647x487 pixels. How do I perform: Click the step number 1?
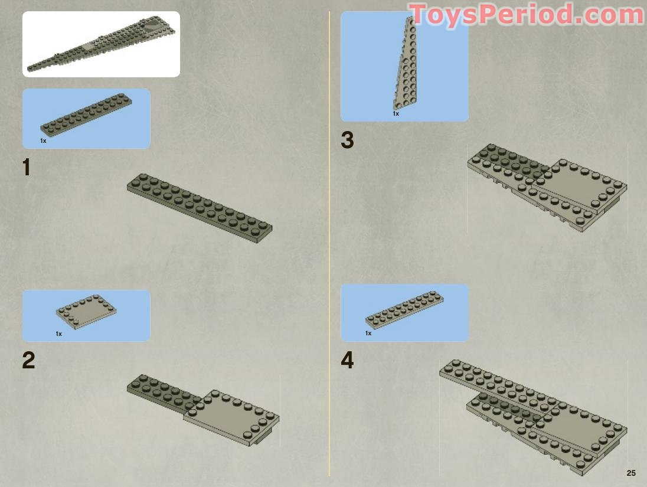tap(27, 168)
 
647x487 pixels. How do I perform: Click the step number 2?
tap(28, 360)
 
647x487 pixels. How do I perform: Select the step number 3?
tap(348, 140)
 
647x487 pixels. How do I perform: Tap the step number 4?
tap(348, 360)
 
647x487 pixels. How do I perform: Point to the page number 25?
tap(631, 473)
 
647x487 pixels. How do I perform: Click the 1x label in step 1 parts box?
tap(43, 141)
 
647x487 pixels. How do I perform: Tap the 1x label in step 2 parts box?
tap(59, 334)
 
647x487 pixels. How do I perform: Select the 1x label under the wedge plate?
tap(396, 113)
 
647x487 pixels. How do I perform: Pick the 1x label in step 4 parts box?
tap(368, 334)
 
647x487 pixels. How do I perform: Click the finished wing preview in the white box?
tap(101, 44)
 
